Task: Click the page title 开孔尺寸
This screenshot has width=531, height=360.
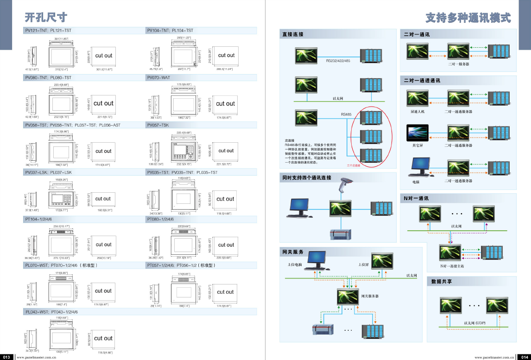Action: point(46,18)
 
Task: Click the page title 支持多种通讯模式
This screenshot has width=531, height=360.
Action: point(468,18)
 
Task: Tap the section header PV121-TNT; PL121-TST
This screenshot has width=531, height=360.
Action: point(48,31)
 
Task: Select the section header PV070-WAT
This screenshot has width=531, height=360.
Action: point(159,78)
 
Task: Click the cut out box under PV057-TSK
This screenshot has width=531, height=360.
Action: point(226,151)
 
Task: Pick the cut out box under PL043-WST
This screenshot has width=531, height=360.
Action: point(103,338)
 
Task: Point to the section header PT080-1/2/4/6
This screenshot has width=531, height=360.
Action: point(160,219)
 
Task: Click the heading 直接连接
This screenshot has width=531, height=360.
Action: point(293,34)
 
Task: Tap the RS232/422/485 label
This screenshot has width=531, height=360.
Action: point(338,61)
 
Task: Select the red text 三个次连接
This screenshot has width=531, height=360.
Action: point(354,165)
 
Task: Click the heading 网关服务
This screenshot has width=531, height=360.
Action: point(293,252)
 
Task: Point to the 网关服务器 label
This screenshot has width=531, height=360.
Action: point(369,296)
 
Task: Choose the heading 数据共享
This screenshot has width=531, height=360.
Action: point(442,281)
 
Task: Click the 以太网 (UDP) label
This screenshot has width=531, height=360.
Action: point(474,322)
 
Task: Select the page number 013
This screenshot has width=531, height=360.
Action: point(6,357)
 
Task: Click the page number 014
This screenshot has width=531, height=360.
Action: point(525,357)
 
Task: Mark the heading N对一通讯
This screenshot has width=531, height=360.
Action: point(416,198)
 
